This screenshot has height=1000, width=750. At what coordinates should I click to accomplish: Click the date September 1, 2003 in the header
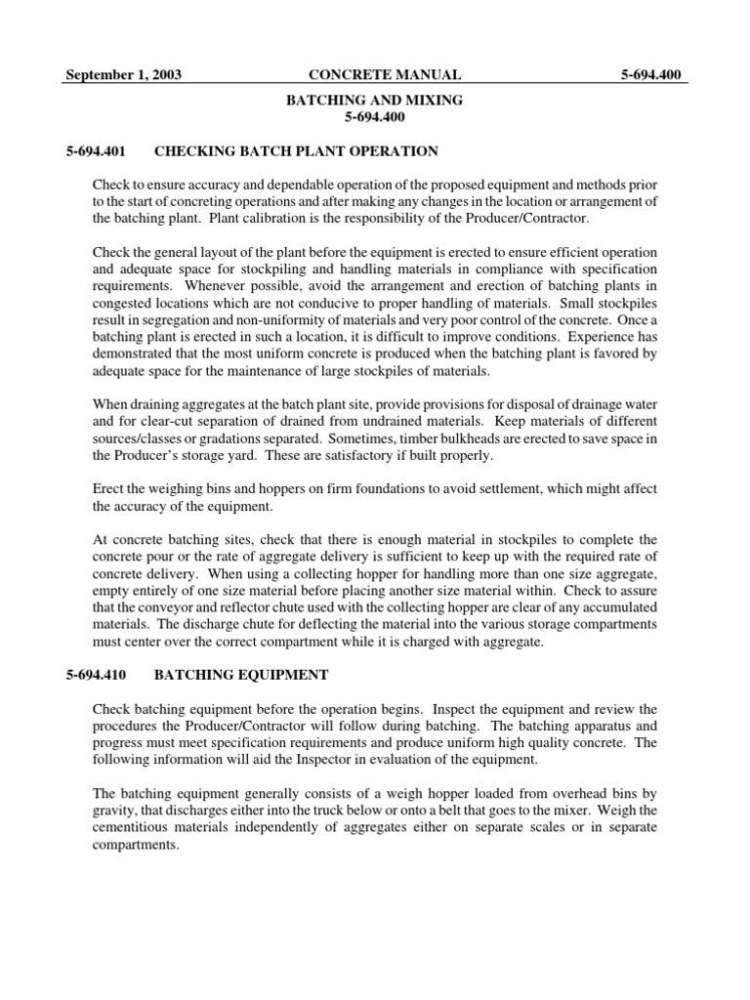(123, 74)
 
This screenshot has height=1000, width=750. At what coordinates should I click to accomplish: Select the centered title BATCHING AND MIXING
(374, 100)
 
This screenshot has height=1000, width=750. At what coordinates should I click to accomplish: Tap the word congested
(123, 303)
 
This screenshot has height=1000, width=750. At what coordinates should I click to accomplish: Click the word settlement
(513, 489)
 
